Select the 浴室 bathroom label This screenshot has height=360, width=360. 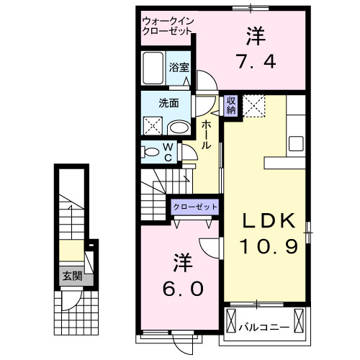pos(179,68)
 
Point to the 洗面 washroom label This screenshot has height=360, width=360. pos(169,103)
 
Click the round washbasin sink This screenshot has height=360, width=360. pos(179,128)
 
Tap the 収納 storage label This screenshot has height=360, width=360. pos(230,105)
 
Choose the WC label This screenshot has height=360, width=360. pos(167,153)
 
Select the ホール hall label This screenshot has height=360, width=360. pos(207,135)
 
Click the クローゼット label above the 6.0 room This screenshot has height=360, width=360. pos(194,207)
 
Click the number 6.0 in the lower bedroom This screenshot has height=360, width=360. pos(182,289)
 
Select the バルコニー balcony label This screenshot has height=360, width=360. pos(264,328)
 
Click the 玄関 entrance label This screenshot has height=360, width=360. pos(71,276)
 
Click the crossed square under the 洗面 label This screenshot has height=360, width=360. pos(153,127)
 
